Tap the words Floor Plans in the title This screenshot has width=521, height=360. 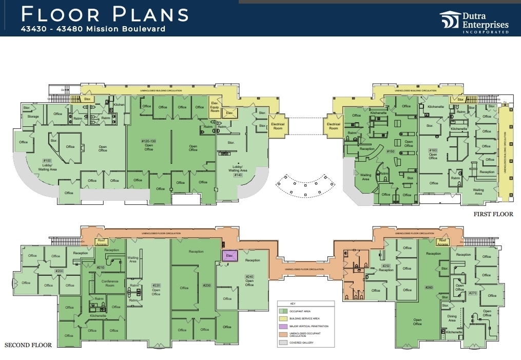click(105, 14)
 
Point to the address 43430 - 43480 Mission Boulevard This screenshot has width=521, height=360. click(93, 29)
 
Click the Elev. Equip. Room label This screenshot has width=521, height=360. click(215, 106)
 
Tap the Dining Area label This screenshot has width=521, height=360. click(453, 319)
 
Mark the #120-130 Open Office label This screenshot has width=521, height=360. click(148, 144)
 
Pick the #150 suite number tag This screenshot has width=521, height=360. click(390, 151)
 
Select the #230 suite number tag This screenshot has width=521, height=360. click(206, 286)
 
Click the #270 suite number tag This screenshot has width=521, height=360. click(473, 293)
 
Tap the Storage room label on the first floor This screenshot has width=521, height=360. click(33, 117)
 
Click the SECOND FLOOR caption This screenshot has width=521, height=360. click(28, 345)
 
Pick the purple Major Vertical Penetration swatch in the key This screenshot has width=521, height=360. click(282, 326)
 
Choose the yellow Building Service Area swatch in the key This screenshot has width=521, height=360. click(282, 318)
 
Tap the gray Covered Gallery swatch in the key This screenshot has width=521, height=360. click(282, 342)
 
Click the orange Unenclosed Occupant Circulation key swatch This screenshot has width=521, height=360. click(282, 334)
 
